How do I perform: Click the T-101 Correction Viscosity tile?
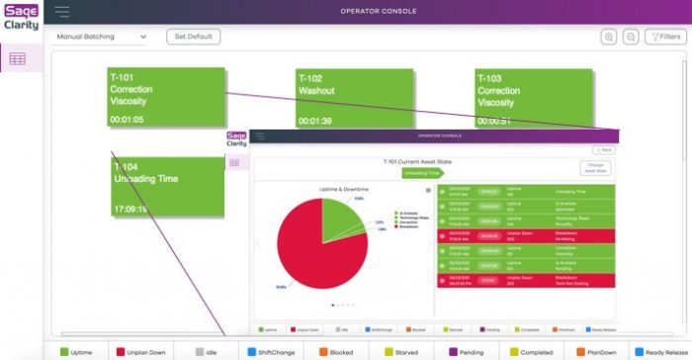point(166,98)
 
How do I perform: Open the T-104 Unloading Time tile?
point(166,187)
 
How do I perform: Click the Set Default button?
point(193,37)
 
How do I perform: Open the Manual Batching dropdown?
point(101,37)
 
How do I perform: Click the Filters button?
point(665,37)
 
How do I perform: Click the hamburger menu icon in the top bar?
point(62,12)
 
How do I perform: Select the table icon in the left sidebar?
point(18,59)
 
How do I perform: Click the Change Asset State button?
point(596,168)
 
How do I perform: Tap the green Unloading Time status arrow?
point(422,172)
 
